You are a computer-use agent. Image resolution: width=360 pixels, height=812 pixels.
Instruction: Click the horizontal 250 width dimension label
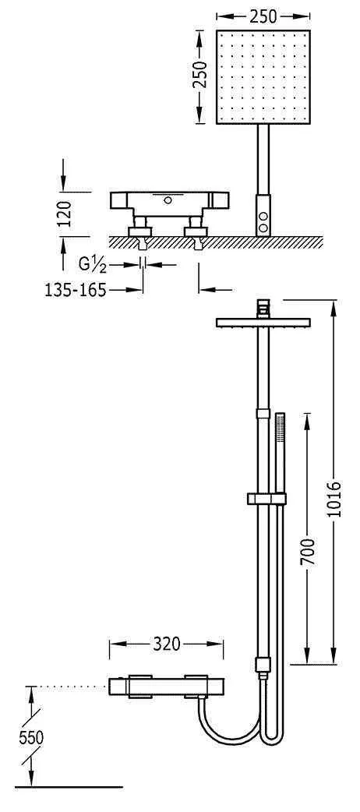click(x=263, y=16)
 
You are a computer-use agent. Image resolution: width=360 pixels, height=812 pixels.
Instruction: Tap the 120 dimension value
click(x=64, y=214)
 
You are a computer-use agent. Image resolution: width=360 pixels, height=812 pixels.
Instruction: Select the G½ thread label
click(x=93, y=265)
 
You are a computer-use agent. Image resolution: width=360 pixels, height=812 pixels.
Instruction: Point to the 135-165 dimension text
click(x=75, y=290)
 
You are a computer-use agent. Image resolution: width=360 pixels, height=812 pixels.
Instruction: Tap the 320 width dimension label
click(x=166, y=644)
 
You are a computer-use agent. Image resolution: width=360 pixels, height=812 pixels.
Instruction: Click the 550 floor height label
click(x=31, y=738)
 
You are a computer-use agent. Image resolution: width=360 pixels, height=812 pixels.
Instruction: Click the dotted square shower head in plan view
click(x=263, y=77)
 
